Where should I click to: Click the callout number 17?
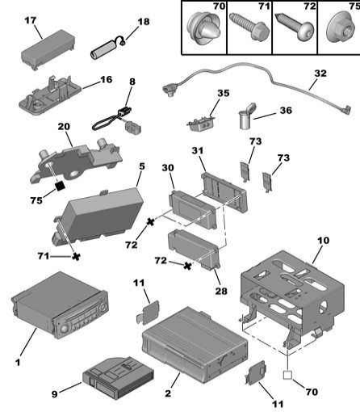[x=30, y=20]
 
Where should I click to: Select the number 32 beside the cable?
[x=320, y=74]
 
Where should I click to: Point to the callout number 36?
[x=286, y=110]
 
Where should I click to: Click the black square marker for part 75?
[x=60, y=185]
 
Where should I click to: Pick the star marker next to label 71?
[x=77, y=257]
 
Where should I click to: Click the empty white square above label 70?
[x=287, y=375]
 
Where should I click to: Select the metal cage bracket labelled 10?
[x=292, y=296]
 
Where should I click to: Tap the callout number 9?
[x=55, y=394]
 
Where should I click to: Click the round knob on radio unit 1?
[x=65, y=329]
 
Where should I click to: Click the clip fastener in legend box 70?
[x=204, y=29]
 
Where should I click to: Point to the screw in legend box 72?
[x=295, y=26]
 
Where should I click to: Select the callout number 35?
[x=224, y=93]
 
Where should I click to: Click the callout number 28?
[x=221, y=291]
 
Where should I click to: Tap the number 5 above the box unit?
[x=142, y=166]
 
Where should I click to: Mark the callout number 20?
[x=64, y=126]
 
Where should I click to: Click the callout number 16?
[x=106, y=79]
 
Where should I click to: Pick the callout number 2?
[x=168, y=393]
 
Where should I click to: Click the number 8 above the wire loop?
[x=132, y=82]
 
